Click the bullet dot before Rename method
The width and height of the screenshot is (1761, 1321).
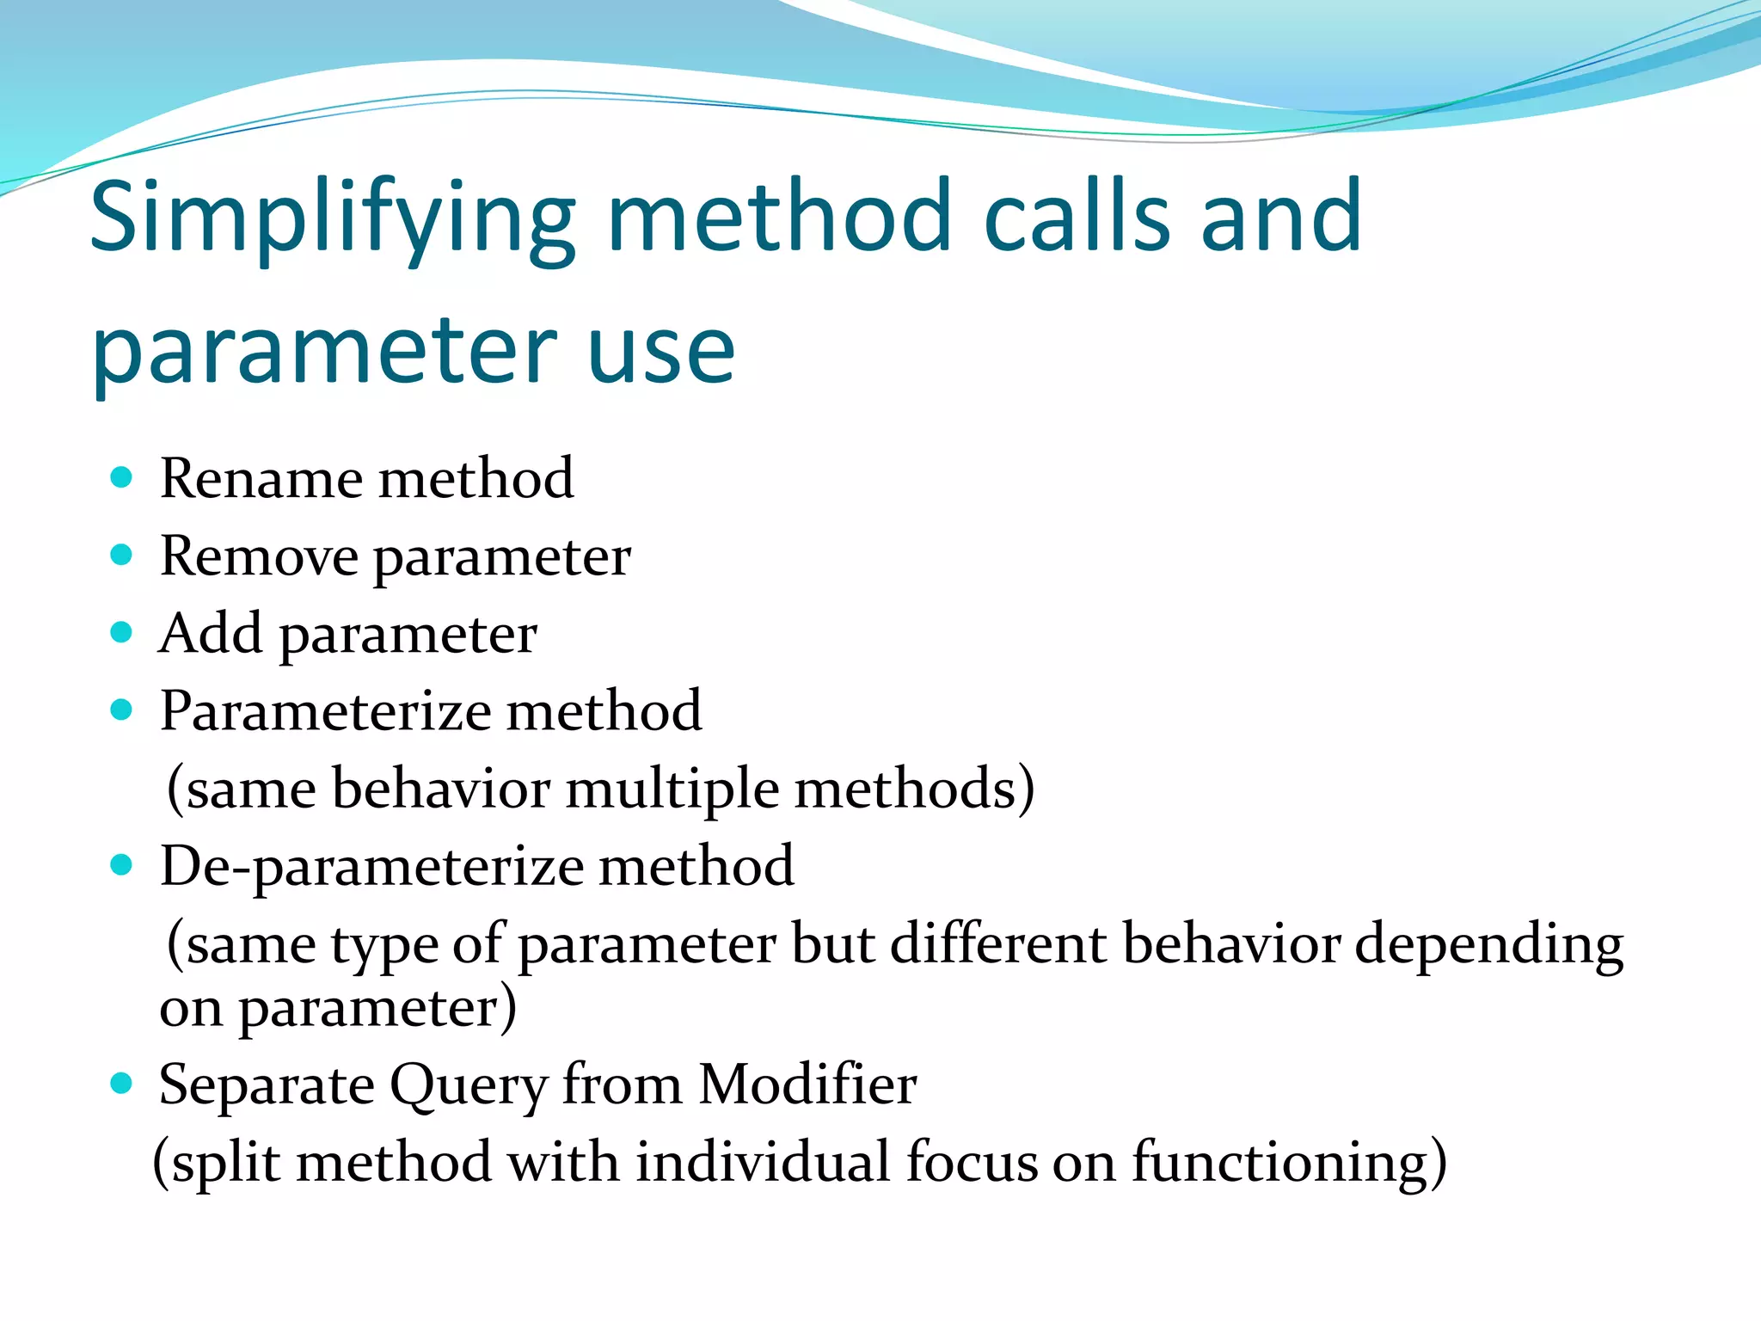point(122,477)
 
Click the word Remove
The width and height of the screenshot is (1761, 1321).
point(259,556)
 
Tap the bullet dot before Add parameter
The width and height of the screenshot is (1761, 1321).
point(122,633)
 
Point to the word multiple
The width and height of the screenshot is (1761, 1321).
point(672,790)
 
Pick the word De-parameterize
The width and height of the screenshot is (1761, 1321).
point(371,867)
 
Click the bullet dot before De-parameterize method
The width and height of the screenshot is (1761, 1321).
point(122,865)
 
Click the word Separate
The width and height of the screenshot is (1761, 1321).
point(267,1085)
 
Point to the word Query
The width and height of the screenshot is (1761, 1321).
point(468,1085)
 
